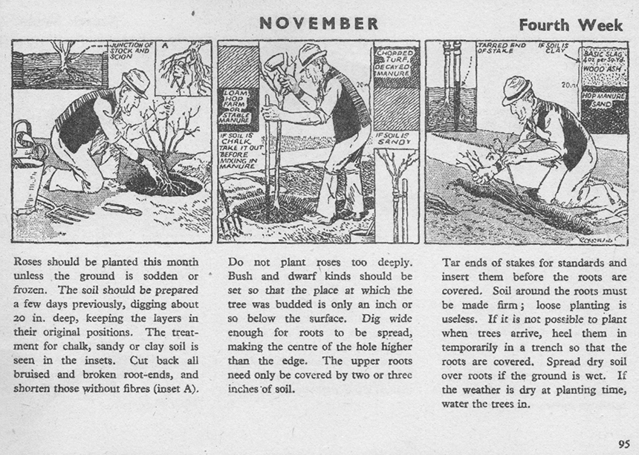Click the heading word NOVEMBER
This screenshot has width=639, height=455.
[x=319, y=23]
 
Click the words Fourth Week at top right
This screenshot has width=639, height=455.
[x=571, y=24]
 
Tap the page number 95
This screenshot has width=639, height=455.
[x=623, y=444]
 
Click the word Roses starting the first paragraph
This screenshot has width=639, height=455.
[x=29, y=262]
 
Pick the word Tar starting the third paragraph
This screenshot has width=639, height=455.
[x=450, y=262]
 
